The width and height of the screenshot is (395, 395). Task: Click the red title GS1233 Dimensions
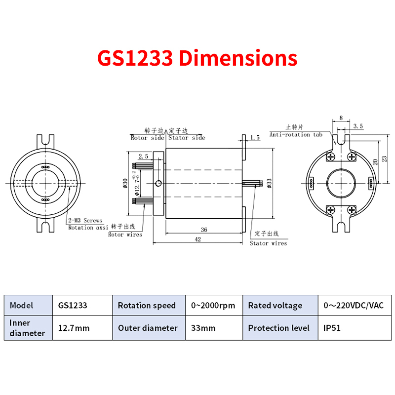coord(197,58)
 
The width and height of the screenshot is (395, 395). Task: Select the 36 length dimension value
coord(204,230)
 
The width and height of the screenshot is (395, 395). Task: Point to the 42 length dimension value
coord(198,239)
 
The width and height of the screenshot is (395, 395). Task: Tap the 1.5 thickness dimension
coord(255,138)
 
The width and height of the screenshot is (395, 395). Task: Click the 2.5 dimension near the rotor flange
coord(143,157)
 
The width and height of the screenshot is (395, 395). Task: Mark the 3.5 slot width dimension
coord(358,126)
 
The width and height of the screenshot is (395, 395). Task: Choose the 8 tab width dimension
coord(341,118)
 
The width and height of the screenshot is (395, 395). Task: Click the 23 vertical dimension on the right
coord(384,159)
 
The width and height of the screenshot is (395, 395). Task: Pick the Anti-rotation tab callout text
coord(296,135)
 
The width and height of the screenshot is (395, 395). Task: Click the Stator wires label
coord(268,243)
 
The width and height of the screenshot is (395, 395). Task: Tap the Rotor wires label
coord(125,235)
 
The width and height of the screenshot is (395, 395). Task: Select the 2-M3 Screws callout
coord(85,221)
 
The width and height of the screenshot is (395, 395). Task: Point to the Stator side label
coord(187,138)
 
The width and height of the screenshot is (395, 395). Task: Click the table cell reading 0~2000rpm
coord(213,306)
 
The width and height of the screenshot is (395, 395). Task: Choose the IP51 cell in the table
coord(332,328)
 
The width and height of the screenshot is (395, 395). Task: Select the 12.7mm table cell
coord(74,328)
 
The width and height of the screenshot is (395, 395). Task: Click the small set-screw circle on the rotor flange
coord(158,183)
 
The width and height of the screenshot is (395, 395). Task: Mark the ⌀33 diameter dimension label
coord(269,183)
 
